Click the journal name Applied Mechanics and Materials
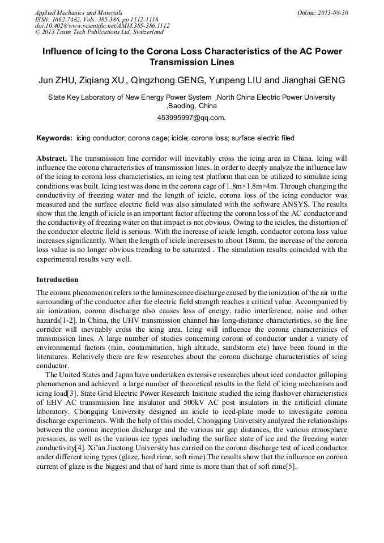(79, 12)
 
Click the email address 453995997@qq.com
(191, 118)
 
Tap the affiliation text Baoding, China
(192, 106)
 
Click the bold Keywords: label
(54, 138)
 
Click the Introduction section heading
(57, 280)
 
